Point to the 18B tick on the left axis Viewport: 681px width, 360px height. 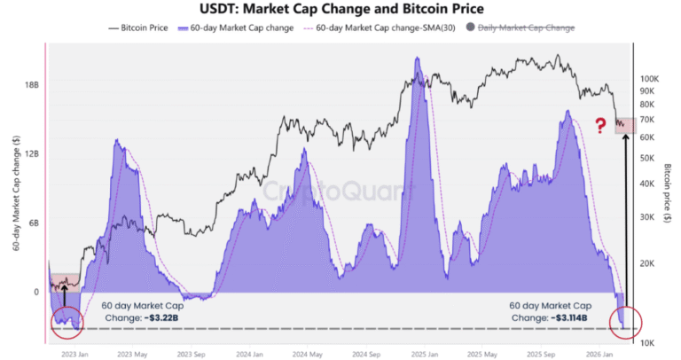click(x=31, y=85)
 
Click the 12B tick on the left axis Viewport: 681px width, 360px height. click(x=31, y=154)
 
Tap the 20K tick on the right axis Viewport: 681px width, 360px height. click(x=646, y=263)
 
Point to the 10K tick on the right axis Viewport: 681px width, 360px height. click(x=646, y=342)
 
